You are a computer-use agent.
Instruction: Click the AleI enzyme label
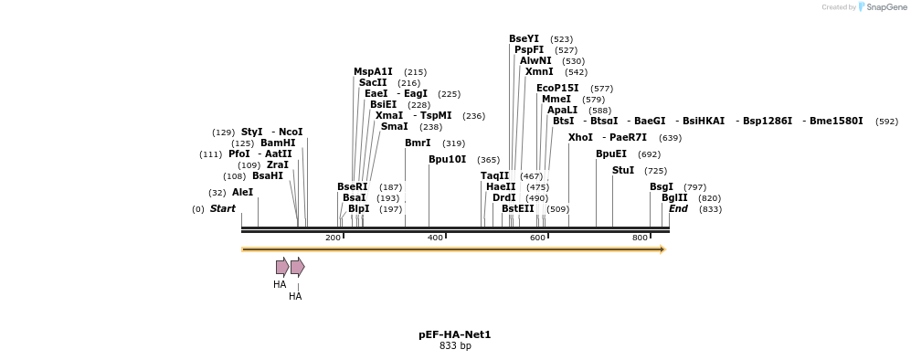(242, 193)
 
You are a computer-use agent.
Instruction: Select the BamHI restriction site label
(278, 143)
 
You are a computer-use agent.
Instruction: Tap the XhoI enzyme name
(580, 138)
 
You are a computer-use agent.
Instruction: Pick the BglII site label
(674, 198)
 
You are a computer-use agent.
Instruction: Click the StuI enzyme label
(622, 171)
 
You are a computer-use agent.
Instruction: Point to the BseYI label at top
(524, 39)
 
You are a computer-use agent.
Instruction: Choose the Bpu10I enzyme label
(447, 160)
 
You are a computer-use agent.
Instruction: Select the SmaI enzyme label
(394, 127)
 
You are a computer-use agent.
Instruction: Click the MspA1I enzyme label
(373, 72)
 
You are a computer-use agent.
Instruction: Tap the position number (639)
(670, 138)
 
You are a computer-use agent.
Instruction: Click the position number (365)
(488, 160)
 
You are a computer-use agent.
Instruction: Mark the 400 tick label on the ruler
(435, 238)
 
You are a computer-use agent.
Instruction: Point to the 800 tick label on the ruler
(640, 238)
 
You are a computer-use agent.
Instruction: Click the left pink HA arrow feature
(282, 267)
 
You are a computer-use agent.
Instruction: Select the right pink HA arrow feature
(297, 267)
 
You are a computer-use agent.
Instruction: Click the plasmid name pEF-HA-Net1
(454, 335)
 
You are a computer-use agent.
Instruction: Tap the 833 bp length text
(454, 346)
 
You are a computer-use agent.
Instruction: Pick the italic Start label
(222, 209)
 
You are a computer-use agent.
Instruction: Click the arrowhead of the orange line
(662, 249)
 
